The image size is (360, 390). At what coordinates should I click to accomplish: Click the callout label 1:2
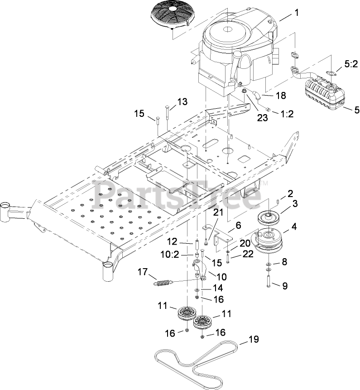(x=287, y=114)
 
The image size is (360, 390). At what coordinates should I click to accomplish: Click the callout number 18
(x=280, y=96)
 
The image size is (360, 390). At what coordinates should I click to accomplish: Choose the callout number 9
(x=284, y=286)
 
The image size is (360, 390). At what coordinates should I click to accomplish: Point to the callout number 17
(x=143, y=272)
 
